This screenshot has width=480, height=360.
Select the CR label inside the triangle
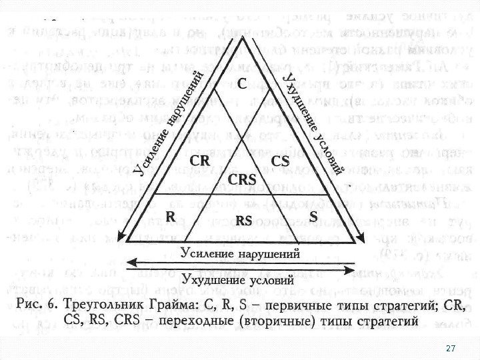pos(200,161)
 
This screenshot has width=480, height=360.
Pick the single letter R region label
pos(170,216)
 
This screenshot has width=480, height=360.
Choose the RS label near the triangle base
pos(244,219)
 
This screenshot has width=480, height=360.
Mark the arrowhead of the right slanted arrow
pos(361,237)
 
